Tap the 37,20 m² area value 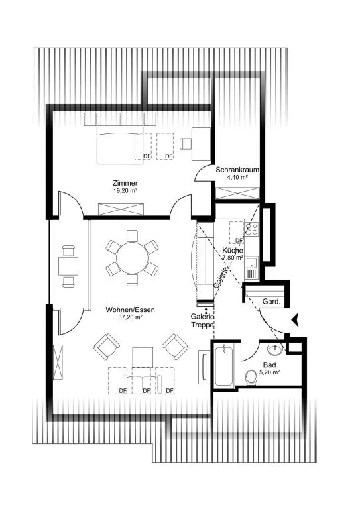(130, 317)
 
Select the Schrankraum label (237, 170)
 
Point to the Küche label (233, 251)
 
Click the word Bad (269, 365)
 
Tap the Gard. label (271, 302)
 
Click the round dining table (132, 258)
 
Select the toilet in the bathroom (251, 377)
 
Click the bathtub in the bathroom (223, 365)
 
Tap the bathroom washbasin (275, 349)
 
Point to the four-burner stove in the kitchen (251, 229)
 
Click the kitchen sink (252, 268)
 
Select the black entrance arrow (296, 319)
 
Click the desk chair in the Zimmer (186, 143)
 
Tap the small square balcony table (68, 266)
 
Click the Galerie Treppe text (202, 320)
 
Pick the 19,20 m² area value (125, 191)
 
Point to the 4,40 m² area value (237, 177)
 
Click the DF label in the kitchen (239, 240)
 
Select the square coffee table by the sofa (143, 357)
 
